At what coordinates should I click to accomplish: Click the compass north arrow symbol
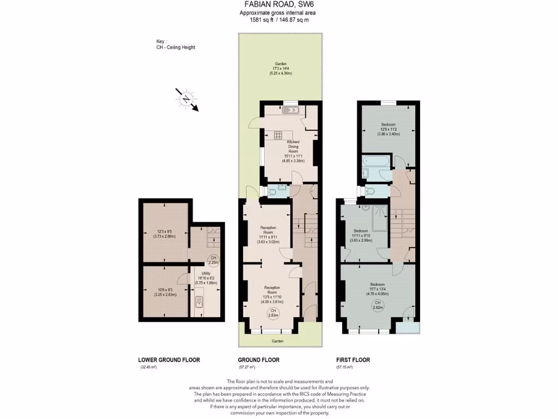tap(187, 99)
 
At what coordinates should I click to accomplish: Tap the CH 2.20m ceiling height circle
tap(214, 260)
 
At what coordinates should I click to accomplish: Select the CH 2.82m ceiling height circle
tap(377, 305)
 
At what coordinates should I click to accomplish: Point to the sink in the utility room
tap(199, 303)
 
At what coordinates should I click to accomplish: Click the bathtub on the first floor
tap(375, 161)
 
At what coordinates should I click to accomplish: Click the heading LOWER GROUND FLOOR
tap(169, 360)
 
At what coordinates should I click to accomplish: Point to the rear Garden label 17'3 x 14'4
tap(280, 68)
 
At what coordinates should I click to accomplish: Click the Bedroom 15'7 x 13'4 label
tap(377, 289)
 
